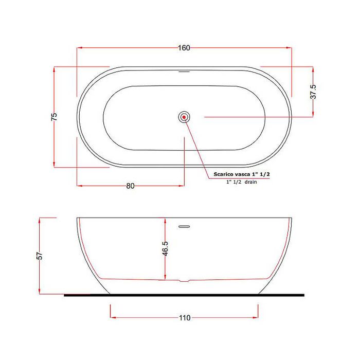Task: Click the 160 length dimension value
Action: point(184,48)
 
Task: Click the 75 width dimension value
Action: point(54,117)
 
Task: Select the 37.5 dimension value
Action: point(313,92)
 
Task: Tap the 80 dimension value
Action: point(130,186)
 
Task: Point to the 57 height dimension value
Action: point(40,256)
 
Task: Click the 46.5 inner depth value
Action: point(165,248)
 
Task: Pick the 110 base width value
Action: point(185,318)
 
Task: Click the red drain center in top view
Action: point(184,117)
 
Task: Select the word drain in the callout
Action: point(251,182)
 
